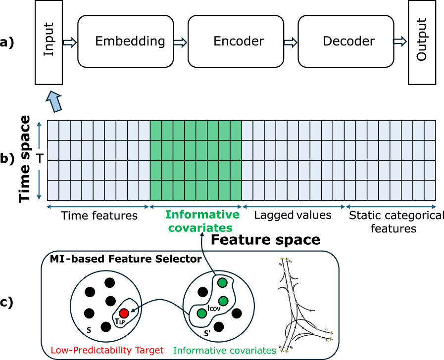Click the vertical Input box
49,42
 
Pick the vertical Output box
422,42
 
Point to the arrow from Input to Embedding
70,42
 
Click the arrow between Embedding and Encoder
181,42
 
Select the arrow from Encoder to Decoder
291,42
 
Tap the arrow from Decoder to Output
400,42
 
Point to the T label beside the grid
39,160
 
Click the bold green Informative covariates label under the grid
202,221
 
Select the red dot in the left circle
124,313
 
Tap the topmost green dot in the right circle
222,283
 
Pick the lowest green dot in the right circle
202,313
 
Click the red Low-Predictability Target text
107,351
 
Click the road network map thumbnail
305,304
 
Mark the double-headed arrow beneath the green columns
196,206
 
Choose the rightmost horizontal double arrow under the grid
391,206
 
